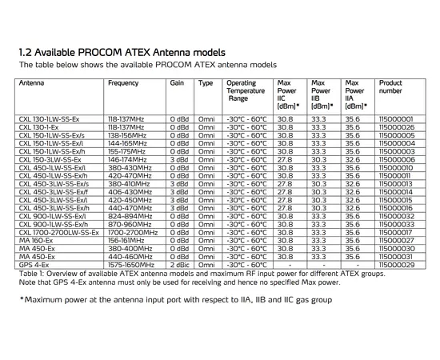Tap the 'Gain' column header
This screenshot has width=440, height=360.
tap(178, 83)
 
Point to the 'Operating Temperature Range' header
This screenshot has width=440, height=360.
tap(246, 90)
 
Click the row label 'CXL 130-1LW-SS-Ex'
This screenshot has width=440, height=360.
tap(49, 118)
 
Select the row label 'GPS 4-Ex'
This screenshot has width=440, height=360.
tap(34, 264)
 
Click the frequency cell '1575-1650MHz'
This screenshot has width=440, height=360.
tap(131, 264)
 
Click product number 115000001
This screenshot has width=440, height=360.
tap(396, 118)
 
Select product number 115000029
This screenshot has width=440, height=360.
tap(396, 264)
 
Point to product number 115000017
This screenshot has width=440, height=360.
tap(396, 232)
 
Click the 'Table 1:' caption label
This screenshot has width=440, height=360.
tap(32, 273)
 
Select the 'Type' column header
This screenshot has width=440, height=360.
tap(206, 83)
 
